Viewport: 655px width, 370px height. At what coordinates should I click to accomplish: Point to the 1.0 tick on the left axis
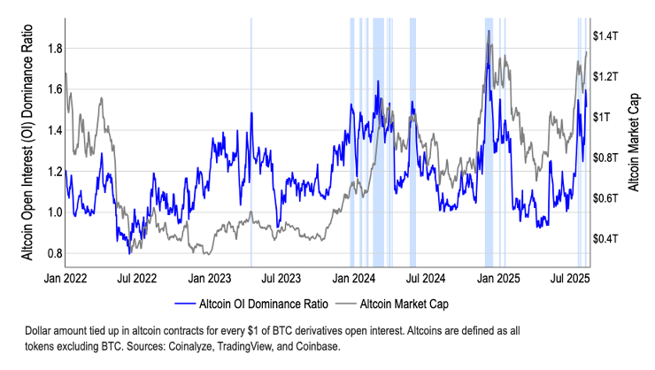(53, 212)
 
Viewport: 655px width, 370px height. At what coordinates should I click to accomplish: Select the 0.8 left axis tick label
(53, 253)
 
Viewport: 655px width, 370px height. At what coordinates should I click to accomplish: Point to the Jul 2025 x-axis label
(571, 277)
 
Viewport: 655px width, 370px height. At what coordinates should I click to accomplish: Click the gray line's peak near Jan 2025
(489, 32)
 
